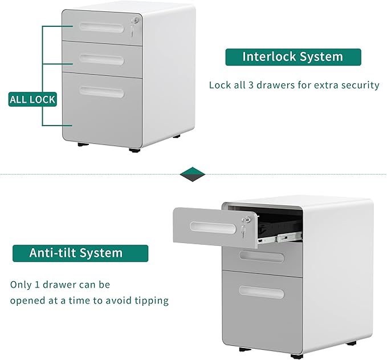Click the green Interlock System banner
click(293, 57)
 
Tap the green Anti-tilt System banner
click(80, 253)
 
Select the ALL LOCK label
click(32, 100)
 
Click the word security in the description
click(359, 85)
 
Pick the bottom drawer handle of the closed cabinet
click(101, 91)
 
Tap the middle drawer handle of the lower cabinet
click(262, 258)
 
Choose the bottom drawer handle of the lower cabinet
click(262, 293)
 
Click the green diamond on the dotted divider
click(192, 173)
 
